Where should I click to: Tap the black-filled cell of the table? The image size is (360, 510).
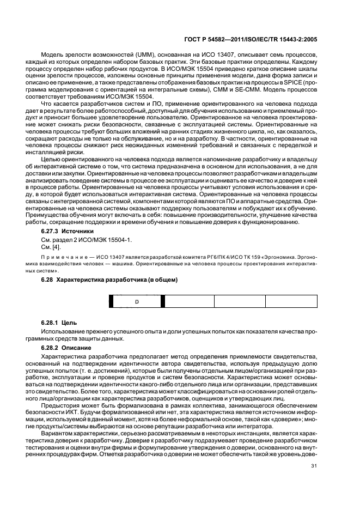coord(111,301)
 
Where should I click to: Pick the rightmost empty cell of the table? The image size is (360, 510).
coord(291,301)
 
